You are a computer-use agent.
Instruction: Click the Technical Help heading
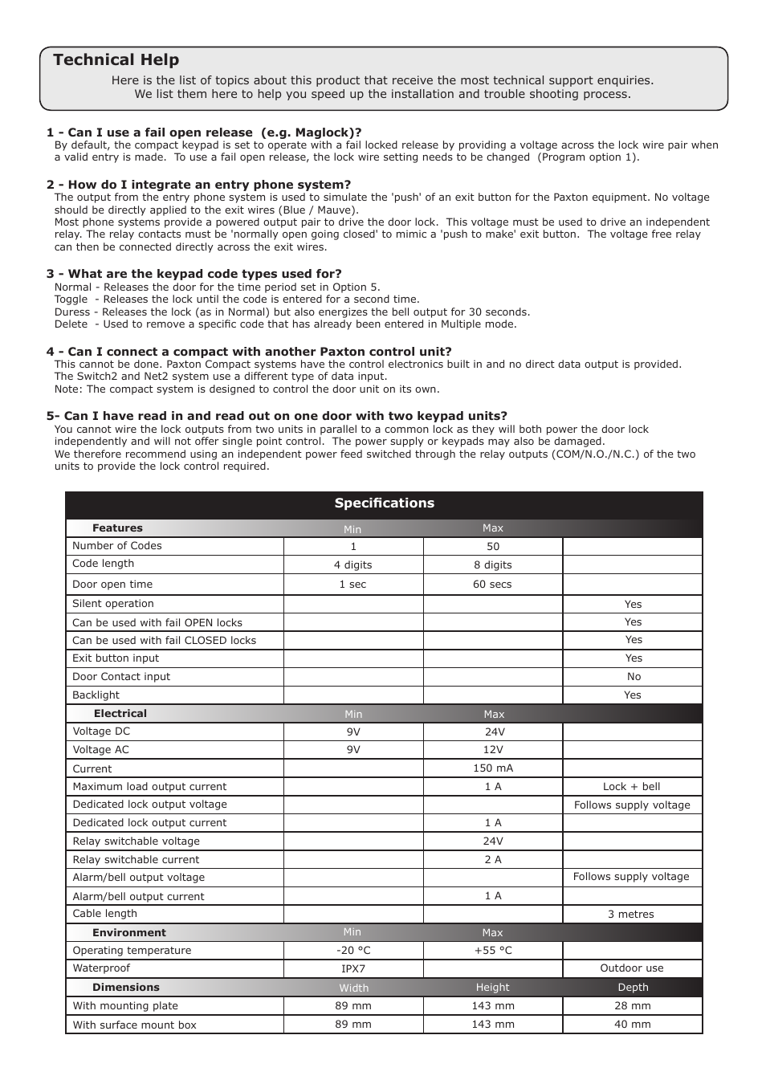pyautogui.click(x=116, y=60)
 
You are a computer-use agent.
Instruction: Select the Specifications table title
pyautogui.click(x=384, y=503)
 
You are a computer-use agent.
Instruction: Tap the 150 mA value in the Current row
pyautogui.click(x=492, y=768)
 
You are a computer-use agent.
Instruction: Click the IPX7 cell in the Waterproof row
pyautogui.click(x=352, y=968)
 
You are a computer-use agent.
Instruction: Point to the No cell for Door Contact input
pyautogui.click(x=633, y=677)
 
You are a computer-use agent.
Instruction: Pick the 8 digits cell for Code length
pyautogui.click(x=492, y=565)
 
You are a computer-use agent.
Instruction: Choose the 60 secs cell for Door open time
pyautogui.click(x=492, y=585)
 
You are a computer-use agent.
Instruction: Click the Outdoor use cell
pyautogui.click(x=632, y=968)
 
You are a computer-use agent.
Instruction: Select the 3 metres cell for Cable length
pyautogui.click(x=632, y=915)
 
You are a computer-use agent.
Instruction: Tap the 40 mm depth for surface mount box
pyautogui.click(x=632, y=1025)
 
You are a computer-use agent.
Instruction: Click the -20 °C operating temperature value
pyautogui.click(x=352, y=951)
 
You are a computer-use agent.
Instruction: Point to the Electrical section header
pyautogui.click(x=120, y=714)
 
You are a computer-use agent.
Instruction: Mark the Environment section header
pyautogui.click(x=129, y=933)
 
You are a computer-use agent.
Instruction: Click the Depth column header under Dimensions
pyautogui.click(x=633, y=988)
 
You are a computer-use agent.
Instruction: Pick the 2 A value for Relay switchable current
pyautogui.click(x=492, y=860)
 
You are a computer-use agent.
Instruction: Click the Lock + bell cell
pyautogui.click(x=632, y=787)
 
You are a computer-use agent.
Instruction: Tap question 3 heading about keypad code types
pyautogui.click(x=194, y=274)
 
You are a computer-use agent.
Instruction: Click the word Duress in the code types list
pyautogui.click(x=71, y=312)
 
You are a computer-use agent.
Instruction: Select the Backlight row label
pyautogui.click(x=96, y=695)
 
